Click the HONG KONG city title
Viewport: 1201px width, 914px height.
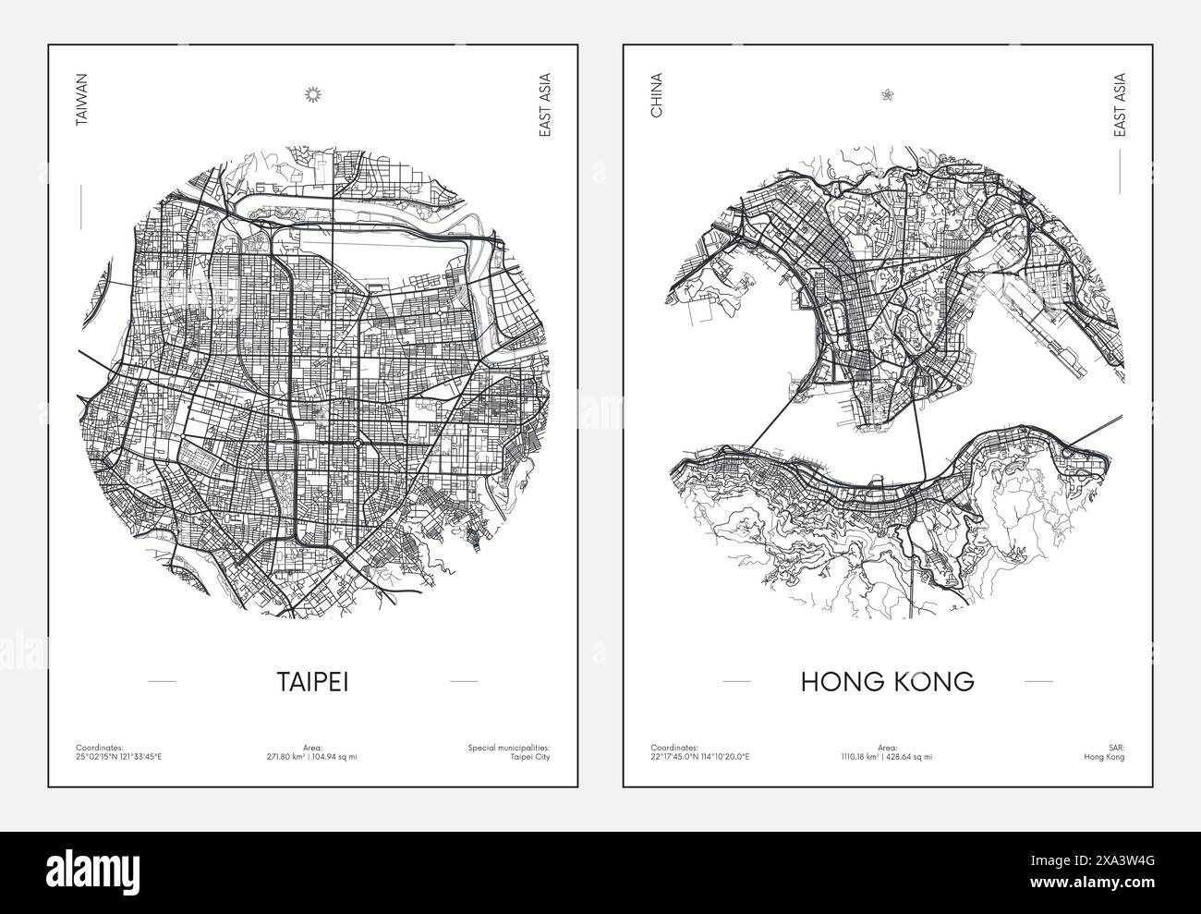[x=874, y=681]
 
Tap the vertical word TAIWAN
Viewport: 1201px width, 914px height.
[x=81, y=106]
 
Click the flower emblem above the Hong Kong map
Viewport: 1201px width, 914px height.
[x=888, y=93]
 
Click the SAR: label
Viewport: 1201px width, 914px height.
[x=1117, y=746]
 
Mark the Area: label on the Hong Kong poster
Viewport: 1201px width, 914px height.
[x=888, y=746]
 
